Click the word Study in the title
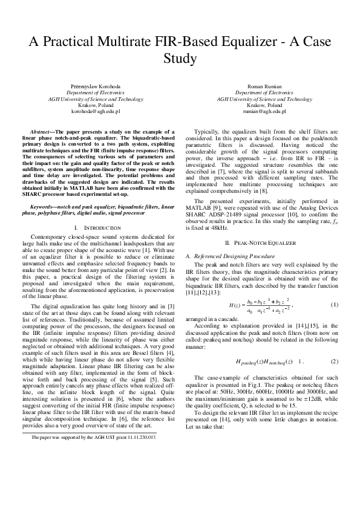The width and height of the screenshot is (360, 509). (180, 59)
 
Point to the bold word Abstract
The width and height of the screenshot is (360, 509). (42, 131)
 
